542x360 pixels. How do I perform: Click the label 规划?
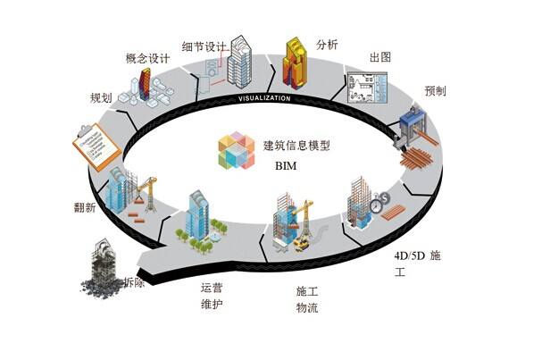coord(100,96)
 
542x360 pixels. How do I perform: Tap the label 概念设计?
coord(147,59)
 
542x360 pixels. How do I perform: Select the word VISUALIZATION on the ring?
coord(264,96)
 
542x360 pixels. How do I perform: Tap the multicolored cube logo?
coord(236,150)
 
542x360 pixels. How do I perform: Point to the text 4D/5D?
coord(412,255)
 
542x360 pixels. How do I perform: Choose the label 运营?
coord(213,288)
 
